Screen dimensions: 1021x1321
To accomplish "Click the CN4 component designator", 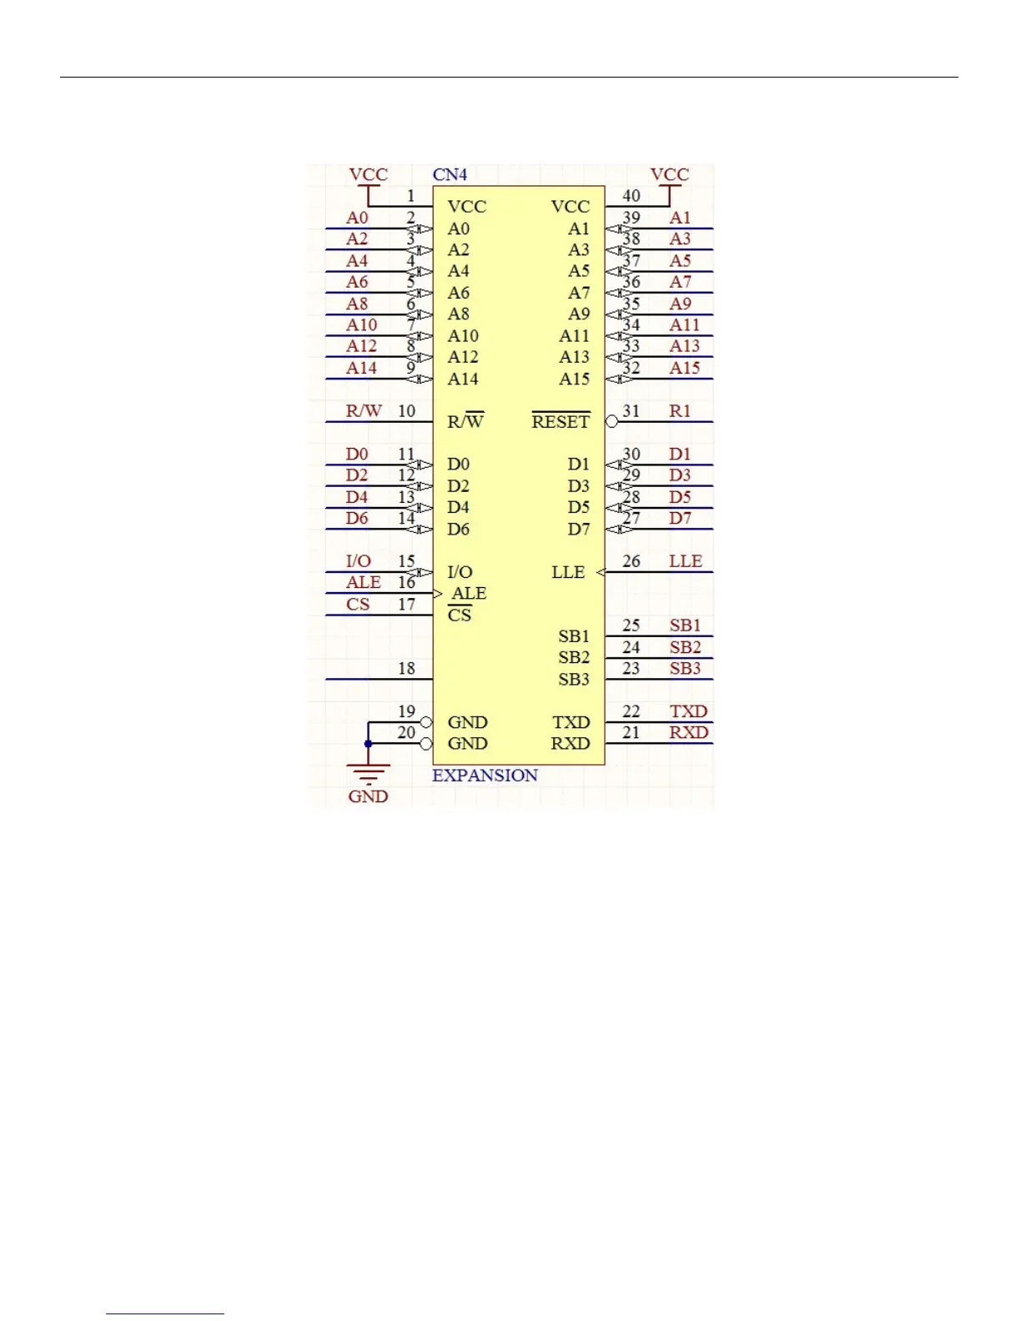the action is pyautogui.click(x=450, y=174).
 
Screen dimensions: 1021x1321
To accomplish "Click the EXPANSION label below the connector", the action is pyautogui.click(x=485, y=775).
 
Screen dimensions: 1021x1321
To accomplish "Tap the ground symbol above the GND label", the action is pyautogui.click(x=368, y=772).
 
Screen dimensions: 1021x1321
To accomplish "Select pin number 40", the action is pyautogui.click(x=631, y=196).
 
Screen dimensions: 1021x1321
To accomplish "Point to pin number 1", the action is pyautogui.click(x=410, y=196).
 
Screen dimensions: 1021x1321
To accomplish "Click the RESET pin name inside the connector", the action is pyautogui.click(x=561, y=422).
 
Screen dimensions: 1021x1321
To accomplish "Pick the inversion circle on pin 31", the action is pyautogui.click(x=611, y=422).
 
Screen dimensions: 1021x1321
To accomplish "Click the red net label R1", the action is pyautogui.click(x=680, y=411).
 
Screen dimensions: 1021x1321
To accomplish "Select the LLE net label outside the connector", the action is pyautogui.click(x=686, y=561).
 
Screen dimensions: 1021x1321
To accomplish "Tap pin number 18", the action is pyautogui.click(x=406, y=669).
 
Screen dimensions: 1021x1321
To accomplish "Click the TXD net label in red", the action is pyautogui.click(x=688, y=711).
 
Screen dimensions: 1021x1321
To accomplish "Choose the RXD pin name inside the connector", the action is pyautogui.click(x=571, y=743).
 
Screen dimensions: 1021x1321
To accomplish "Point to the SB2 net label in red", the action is pyautogui.click(x=685, y=647).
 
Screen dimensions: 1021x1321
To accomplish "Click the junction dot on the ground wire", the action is pyautogui.click(x=368, y=743).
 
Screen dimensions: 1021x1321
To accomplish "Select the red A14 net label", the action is pyautogui.click(x=361, y=368).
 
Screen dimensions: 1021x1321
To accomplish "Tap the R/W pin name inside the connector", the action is pyautogui.click(x=465, y=421).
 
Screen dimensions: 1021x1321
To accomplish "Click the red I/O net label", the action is pyautogui.click(x=359, y=561).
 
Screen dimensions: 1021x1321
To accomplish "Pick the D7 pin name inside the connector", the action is pyautogui.click(x=579, y=529).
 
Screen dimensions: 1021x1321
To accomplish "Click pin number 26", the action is pyautogui.click(x=631, y=561).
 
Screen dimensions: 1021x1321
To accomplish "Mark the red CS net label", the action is pyautogui.click(x=358, y=605).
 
